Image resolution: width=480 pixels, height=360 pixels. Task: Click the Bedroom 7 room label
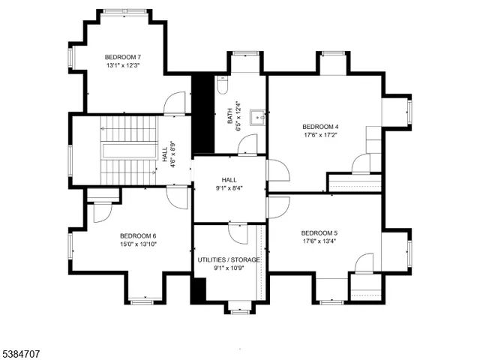click(x=122, y=57)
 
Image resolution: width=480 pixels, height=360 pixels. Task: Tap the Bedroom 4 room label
click(x=320, y=127)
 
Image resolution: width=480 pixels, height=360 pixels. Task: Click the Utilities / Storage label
click(x=229, y=259)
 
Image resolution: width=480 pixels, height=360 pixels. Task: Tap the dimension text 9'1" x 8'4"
click(x=229, y=188)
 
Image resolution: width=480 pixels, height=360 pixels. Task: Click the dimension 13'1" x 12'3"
click(x=122, y=66)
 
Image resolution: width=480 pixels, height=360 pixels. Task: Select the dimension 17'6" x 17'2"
click(x=320, y=136)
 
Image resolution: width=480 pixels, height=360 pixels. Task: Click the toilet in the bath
click(x=221, y=85)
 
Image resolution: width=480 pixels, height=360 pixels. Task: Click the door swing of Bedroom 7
click(x=174, y=103)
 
